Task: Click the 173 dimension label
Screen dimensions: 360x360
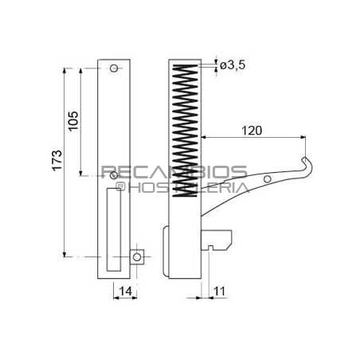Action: click(x=57, y=160)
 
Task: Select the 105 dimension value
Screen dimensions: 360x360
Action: click(x=73, y=121)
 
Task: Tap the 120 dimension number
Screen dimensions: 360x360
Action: click(x=252, y=131)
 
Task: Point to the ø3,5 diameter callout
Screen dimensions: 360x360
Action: click(x=233, y=65)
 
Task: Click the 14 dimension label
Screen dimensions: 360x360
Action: click(x=125, y=292)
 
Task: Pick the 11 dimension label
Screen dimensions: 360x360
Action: click(x=219, y=292)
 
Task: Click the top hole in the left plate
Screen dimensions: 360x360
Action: click(x=114, y=68)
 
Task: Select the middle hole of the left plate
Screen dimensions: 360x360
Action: click(x=114, y=175)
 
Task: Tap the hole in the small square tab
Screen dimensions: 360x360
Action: click(x=137, y=257)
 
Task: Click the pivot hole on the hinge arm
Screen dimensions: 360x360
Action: click(x=268, y=179)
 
